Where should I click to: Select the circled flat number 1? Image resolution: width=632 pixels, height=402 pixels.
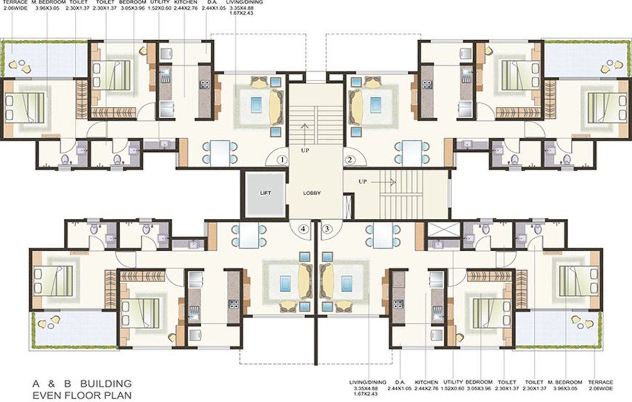[283, 159]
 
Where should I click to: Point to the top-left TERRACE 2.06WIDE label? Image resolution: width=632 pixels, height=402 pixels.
[16, 6]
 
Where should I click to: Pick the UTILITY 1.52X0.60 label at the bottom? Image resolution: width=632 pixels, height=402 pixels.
[453, 386]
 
